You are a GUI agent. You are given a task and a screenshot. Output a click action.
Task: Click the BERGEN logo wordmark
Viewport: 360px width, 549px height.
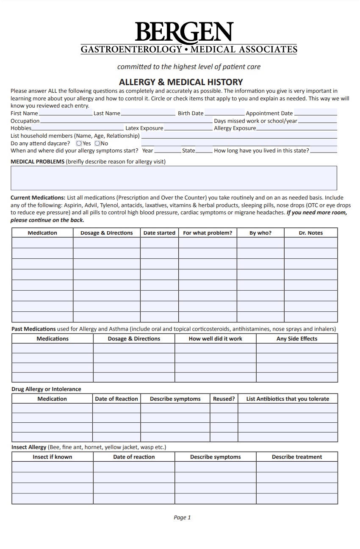(184, 33)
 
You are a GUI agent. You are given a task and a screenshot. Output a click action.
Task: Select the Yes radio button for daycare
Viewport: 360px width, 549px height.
(79, 144)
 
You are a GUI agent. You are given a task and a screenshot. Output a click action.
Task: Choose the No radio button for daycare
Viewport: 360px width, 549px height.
(97, 144)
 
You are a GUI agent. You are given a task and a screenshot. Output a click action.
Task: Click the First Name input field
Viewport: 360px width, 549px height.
(65, 113)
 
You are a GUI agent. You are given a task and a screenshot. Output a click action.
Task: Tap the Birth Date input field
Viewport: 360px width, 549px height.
(224, 113)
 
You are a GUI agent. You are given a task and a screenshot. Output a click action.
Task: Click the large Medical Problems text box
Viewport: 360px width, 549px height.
(174, 178)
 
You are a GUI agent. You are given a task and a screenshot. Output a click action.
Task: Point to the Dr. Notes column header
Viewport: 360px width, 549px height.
(310, 233)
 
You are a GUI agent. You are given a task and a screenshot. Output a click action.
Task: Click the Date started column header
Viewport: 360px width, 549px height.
(159, 233)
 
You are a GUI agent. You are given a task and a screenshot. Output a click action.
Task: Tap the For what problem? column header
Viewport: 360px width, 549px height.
(208, 233)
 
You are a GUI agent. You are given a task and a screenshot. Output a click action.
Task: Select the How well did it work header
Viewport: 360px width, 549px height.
(215, 339)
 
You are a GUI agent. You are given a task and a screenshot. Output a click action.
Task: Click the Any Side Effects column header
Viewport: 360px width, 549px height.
(296, 339)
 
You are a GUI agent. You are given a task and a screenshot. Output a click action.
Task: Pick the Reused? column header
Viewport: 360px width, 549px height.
(224, 399)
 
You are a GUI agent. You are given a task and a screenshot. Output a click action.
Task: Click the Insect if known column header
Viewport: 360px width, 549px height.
(53, 457)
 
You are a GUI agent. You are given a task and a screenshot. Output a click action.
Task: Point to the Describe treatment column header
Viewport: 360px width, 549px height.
(296, 457)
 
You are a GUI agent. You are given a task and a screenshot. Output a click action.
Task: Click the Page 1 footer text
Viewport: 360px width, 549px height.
(182, 517)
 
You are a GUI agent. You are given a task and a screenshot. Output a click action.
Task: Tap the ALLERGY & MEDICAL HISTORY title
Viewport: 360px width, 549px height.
(181, 82)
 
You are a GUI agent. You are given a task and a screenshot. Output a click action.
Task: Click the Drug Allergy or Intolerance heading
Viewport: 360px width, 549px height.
(46, 389)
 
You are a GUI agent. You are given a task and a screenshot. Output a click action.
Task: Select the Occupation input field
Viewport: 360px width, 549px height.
(126, 121)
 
